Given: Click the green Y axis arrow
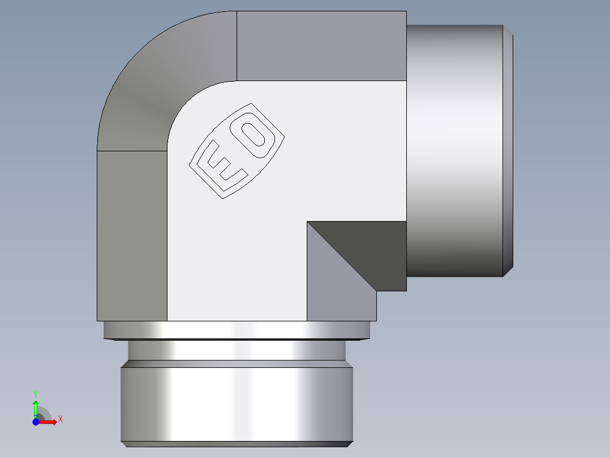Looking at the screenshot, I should click(36, 407).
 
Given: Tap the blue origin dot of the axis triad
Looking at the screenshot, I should click(36, 422).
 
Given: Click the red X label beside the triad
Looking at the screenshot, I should click(60, 419).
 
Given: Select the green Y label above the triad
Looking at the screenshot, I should click(36, 393).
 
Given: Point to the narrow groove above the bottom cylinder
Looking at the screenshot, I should click(236, 350).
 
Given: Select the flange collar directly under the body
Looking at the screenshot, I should click(236, 329).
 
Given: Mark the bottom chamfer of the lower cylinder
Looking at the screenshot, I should click(236, 444).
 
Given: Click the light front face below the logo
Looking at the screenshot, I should click(238, 255).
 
